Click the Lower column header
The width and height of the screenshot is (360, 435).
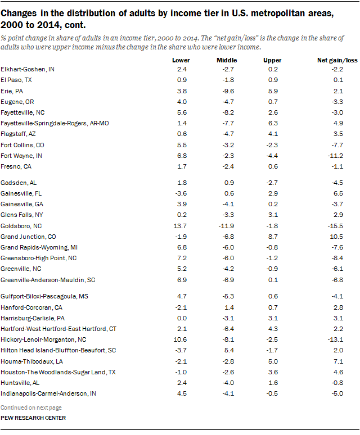[x=181, y=60]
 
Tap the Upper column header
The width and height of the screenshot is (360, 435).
[x=273, y=60]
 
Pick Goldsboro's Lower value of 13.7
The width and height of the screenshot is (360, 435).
[x=182, y=225]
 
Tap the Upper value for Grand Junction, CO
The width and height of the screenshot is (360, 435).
[x=273, y=236]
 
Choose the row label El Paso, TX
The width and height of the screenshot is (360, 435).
[x=17, y=80]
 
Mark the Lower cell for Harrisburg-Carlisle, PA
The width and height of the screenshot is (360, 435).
[x=182, y=317]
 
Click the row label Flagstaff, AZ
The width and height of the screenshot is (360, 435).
[x=19, y=134]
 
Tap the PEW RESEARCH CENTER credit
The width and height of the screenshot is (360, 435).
[x=33, y=418]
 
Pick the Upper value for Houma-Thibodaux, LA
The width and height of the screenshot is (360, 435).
[x=273, y=361]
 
